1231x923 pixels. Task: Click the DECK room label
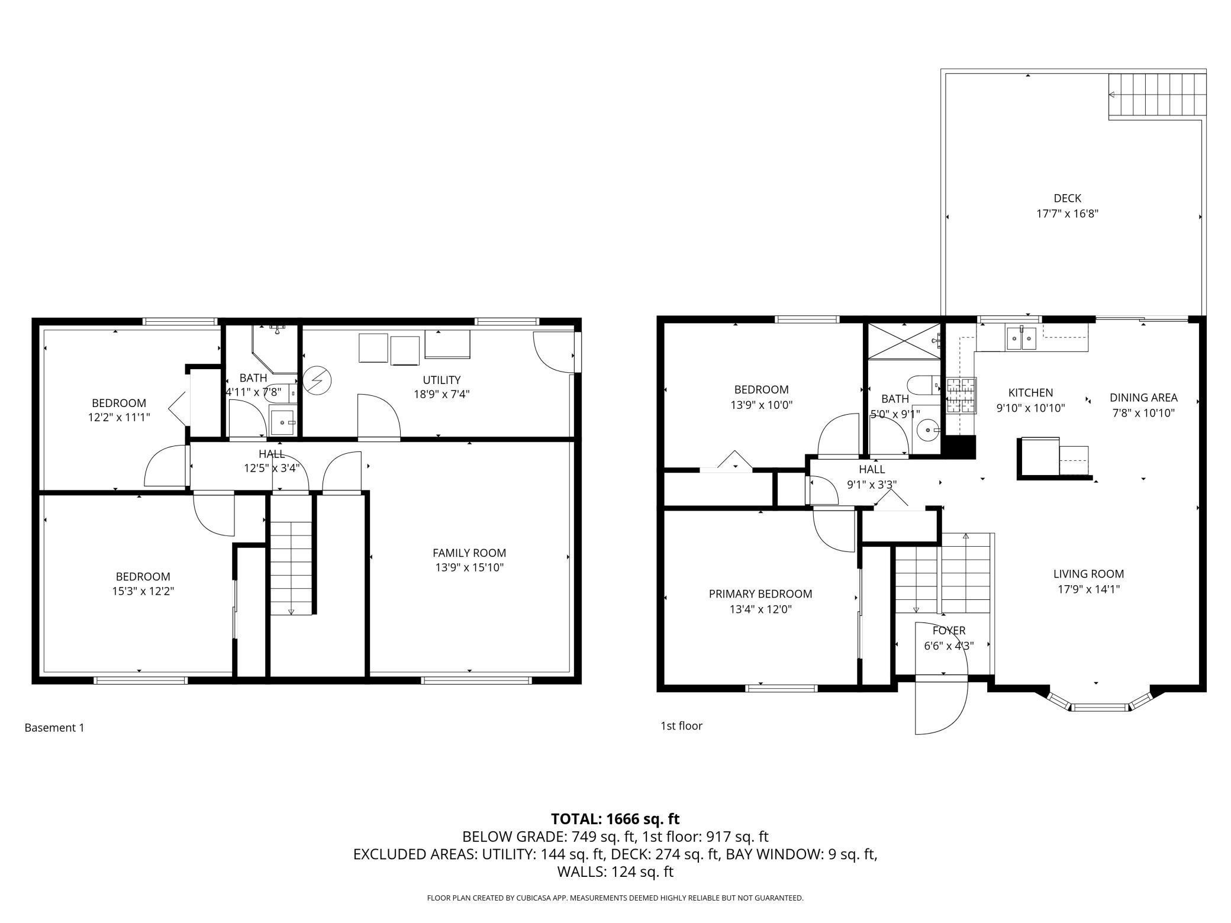coord(1068,199)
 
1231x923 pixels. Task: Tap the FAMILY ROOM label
coord(469,553)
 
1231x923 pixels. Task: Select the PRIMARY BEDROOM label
coord(760,594)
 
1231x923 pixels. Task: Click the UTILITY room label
coord(442,380)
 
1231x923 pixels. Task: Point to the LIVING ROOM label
coord(1088,574)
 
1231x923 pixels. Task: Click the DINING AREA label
coord(1143,398)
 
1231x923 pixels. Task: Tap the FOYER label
coord(949,631)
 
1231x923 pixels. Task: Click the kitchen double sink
coord(1021,339)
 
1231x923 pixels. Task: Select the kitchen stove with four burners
coord(960,396)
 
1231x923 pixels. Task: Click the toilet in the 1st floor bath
coord(924,385)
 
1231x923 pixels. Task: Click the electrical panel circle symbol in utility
coord(317,380)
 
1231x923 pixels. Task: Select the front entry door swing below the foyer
coord(942,708)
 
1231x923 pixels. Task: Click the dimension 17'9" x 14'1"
coord(1088,589)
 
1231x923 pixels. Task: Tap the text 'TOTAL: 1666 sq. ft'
coord(615,819)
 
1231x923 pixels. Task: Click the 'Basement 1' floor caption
coord(54,728)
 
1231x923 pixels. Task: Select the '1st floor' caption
coord(681,726)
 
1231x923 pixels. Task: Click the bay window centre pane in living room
coord(1101,707)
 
